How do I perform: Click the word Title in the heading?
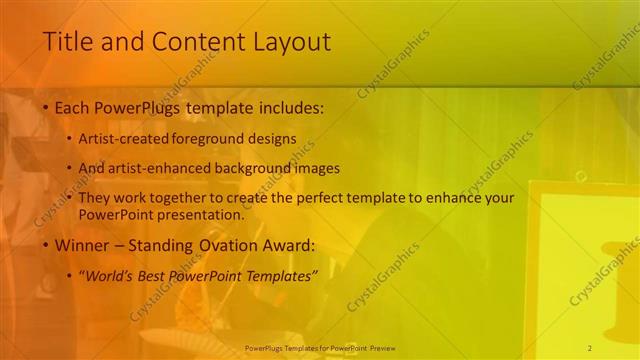(68, 42)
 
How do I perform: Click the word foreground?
(216, 139)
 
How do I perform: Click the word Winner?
(80, 244)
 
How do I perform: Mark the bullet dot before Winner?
(44, 245)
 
